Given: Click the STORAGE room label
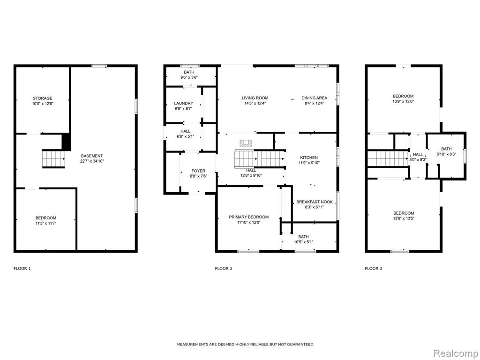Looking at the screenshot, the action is [x=43, y=98].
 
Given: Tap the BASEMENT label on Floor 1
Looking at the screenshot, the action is [x=92, y=156].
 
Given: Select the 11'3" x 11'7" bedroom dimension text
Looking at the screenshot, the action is [x=46, y=223].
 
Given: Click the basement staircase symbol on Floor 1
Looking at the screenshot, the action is [x=53, y=158].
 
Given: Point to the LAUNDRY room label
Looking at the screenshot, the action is [x=184, y=104].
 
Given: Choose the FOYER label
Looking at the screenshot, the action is [x=198, y=171].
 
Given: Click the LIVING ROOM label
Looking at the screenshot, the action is [x=255, y=98].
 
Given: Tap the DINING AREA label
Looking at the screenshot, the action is [x=315, y=98].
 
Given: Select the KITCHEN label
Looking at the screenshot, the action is [x=309, y=157].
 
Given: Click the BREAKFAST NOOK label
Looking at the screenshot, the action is [x=315, y=202].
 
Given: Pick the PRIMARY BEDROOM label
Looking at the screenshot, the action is [x=249, y=217].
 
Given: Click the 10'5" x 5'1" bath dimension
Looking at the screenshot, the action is [x=303, y=242].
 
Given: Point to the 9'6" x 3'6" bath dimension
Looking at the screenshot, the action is [x=189, y=77].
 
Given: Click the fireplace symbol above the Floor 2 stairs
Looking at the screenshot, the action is [x=246, y=143].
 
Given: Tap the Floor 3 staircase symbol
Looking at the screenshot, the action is [x=388, y=158].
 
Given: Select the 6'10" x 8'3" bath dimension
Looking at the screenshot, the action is [x=446, y=154].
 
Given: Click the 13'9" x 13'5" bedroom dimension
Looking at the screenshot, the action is [x=404, y=218].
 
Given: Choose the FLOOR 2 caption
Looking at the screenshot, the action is [x=224, y=269].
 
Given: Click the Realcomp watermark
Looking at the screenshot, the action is [x=455, y=353].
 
